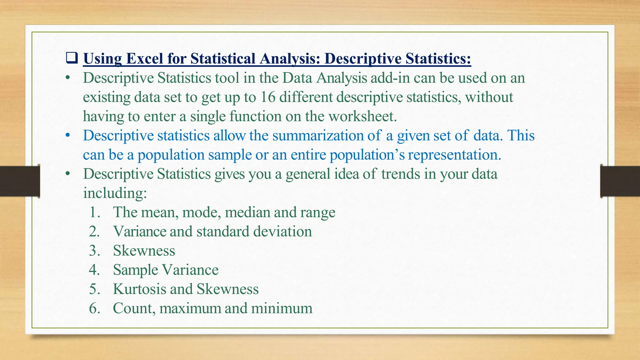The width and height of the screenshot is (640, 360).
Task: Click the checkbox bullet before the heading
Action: pos(72,58)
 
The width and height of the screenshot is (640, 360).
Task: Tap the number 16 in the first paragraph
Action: pos(268,97)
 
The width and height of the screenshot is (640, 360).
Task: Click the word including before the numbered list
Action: pos(115,193)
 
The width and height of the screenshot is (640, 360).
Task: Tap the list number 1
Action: pos(94,212)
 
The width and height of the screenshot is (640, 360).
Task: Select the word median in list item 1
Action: pos(247,212)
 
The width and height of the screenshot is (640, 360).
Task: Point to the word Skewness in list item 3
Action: pos(144,251)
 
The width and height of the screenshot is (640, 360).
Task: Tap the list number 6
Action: pos(94,308)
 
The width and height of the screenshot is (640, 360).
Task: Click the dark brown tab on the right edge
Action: pos(620,181)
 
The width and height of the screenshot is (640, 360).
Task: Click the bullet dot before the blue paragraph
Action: pos(67,136)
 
